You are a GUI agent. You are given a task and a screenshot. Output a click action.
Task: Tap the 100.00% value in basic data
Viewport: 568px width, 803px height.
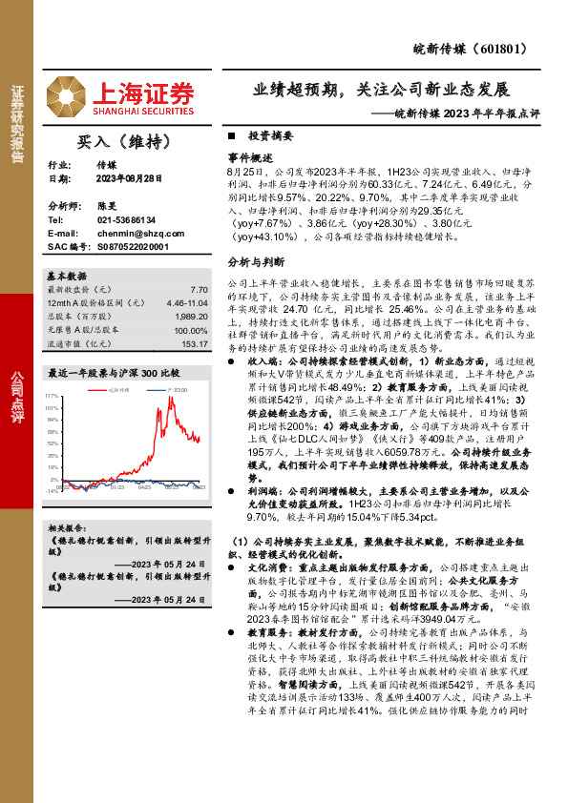click(191, 330)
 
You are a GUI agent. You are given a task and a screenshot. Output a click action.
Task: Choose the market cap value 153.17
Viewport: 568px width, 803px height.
click(195, 343)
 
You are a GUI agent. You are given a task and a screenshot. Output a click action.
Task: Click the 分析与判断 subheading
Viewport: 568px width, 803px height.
click(255, 261)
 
